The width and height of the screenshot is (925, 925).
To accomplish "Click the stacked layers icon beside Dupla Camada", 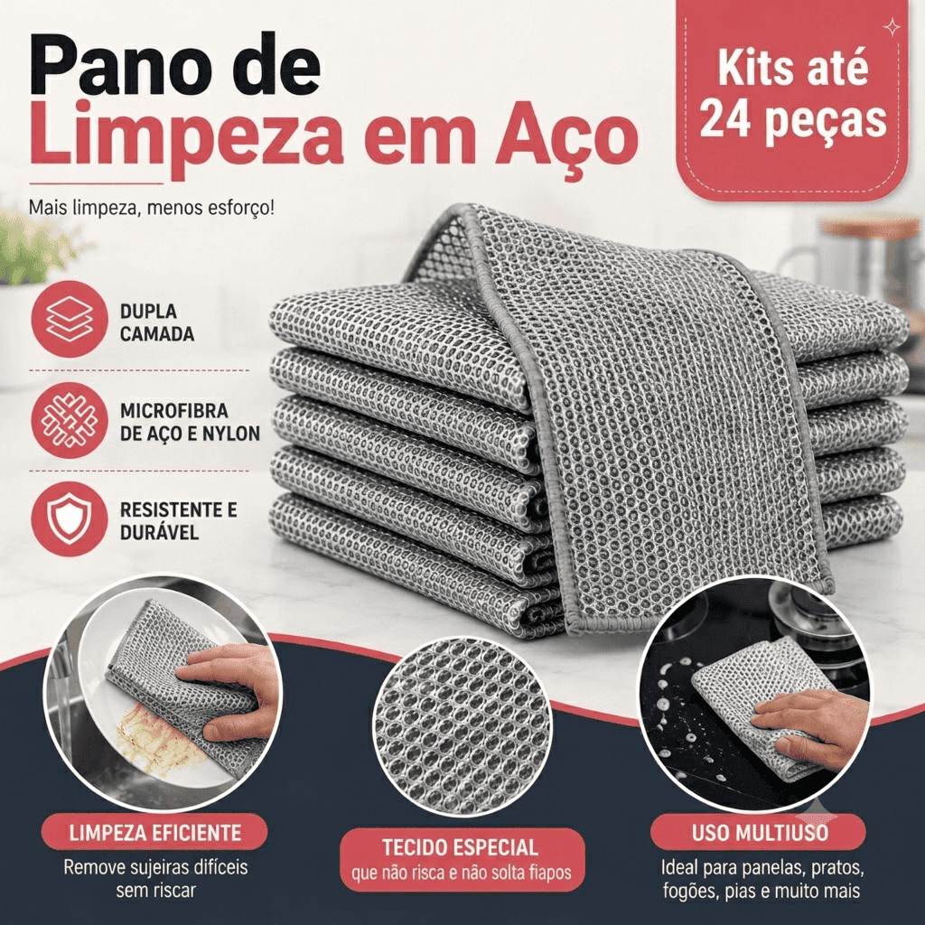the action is coord(69,319).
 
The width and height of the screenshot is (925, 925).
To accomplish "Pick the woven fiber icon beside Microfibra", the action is coord(69,421).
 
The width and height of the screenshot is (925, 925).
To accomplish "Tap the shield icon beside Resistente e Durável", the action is coord(69,519).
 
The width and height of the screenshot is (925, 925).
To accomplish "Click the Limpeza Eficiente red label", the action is coord(154,832).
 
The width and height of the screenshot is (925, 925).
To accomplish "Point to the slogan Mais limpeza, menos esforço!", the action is coord(152,208).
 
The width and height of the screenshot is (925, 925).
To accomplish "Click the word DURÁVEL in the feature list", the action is coord(159,533).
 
